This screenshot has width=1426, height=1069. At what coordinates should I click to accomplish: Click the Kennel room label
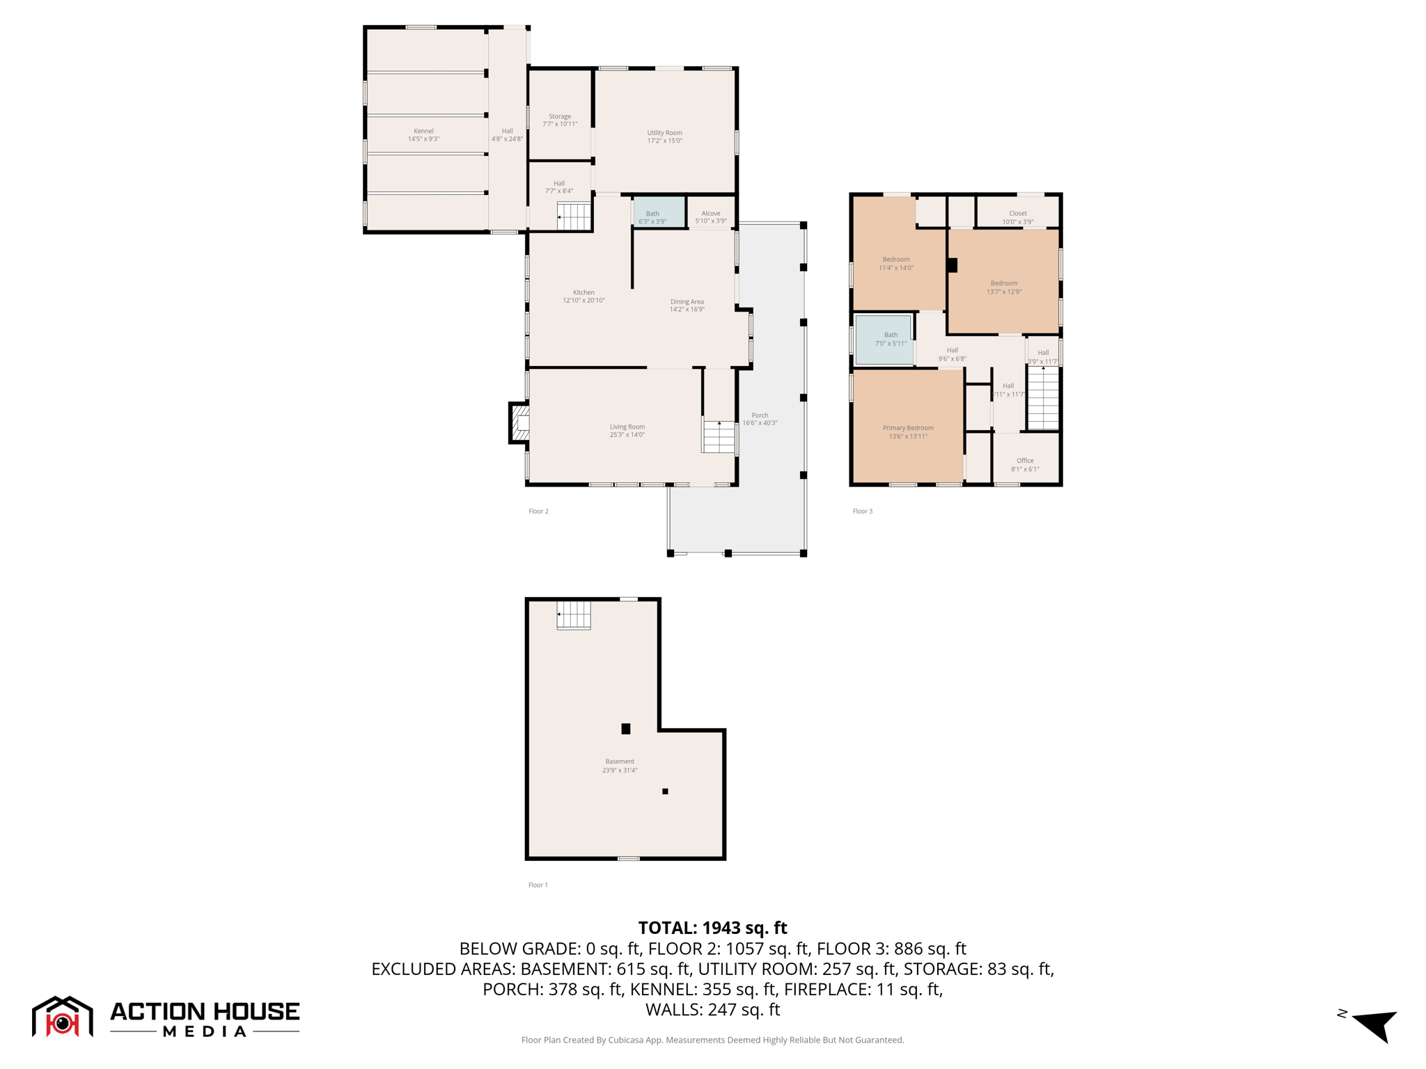point(423,135)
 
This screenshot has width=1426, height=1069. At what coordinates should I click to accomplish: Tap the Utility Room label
point(664,136)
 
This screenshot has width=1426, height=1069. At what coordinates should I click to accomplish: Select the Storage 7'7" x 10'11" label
point(560,120)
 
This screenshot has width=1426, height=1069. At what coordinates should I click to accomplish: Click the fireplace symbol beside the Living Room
point(519,422)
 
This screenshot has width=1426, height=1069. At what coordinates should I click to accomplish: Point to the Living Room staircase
point(719,436)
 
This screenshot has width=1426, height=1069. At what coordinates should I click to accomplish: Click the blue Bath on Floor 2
point(658,212)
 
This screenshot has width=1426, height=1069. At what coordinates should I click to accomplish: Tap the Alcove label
point(711,217)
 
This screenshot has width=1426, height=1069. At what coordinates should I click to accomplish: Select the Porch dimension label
point(760,419)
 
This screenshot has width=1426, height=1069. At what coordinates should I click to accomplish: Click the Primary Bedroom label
point(908,432)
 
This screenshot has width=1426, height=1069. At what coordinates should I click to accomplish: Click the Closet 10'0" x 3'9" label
point(1017,217)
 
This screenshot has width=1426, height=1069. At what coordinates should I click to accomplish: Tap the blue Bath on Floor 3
point(884,340)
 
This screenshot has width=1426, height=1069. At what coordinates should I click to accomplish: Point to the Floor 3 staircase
point(1043,398)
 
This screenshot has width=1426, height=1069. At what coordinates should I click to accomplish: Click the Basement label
point(620,766)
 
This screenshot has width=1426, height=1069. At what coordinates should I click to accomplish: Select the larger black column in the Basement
point(626,729)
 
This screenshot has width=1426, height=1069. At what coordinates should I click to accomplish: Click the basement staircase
point(574,615)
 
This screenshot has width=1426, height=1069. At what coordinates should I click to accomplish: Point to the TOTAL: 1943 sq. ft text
point(712,928)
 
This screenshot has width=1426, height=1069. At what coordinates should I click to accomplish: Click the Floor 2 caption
point(538,511)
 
